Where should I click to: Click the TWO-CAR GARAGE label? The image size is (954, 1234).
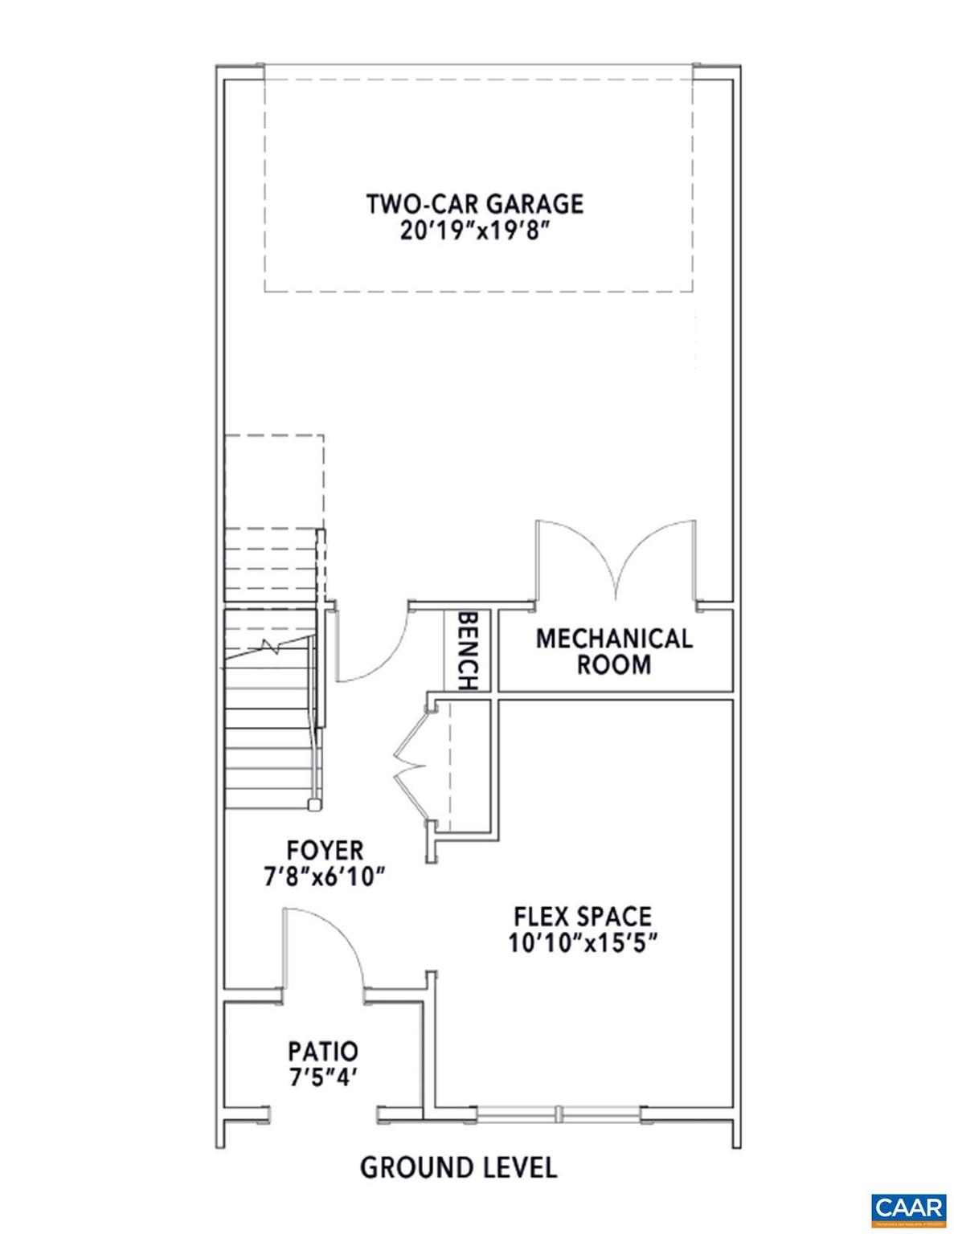(475, 203)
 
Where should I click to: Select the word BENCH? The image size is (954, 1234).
(468, 651)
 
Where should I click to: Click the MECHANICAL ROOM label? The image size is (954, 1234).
(614, 652)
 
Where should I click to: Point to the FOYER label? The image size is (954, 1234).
(325, 849)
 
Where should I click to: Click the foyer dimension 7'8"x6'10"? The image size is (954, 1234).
(325, 876)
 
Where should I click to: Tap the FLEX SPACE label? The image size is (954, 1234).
(583, 915)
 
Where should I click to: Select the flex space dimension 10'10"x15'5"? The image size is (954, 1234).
(583, 942)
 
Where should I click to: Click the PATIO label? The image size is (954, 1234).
(323, 1050)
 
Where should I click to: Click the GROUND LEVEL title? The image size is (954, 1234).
(458, 1167)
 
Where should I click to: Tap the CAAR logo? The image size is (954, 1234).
(908, 1207)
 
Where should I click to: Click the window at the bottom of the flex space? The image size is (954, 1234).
(560, 1113)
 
